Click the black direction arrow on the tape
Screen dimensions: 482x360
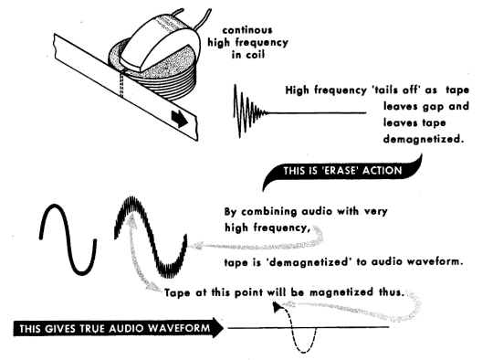click(180, 120)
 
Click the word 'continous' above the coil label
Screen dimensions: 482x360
click(247, 30)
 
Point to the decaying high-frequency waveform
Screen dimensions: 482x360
click(252, 111)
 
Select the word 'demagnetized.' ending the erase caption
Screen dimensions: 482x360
click(424, 140)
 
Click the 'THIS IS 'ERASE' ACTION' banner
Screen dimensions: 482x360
click(342, 172)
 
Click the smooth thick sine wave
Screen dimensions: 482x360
click(68, 238)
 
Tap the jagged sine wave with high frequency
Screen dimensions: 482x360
click(151, 238)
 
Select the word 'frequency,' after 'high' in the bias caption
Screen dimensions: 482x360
click(282, 228)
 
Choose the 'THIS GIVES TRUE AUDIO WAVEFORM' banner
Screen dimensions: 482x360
click(119, 328)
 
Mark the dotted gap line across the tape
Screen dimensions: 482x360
click(121, 84)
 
